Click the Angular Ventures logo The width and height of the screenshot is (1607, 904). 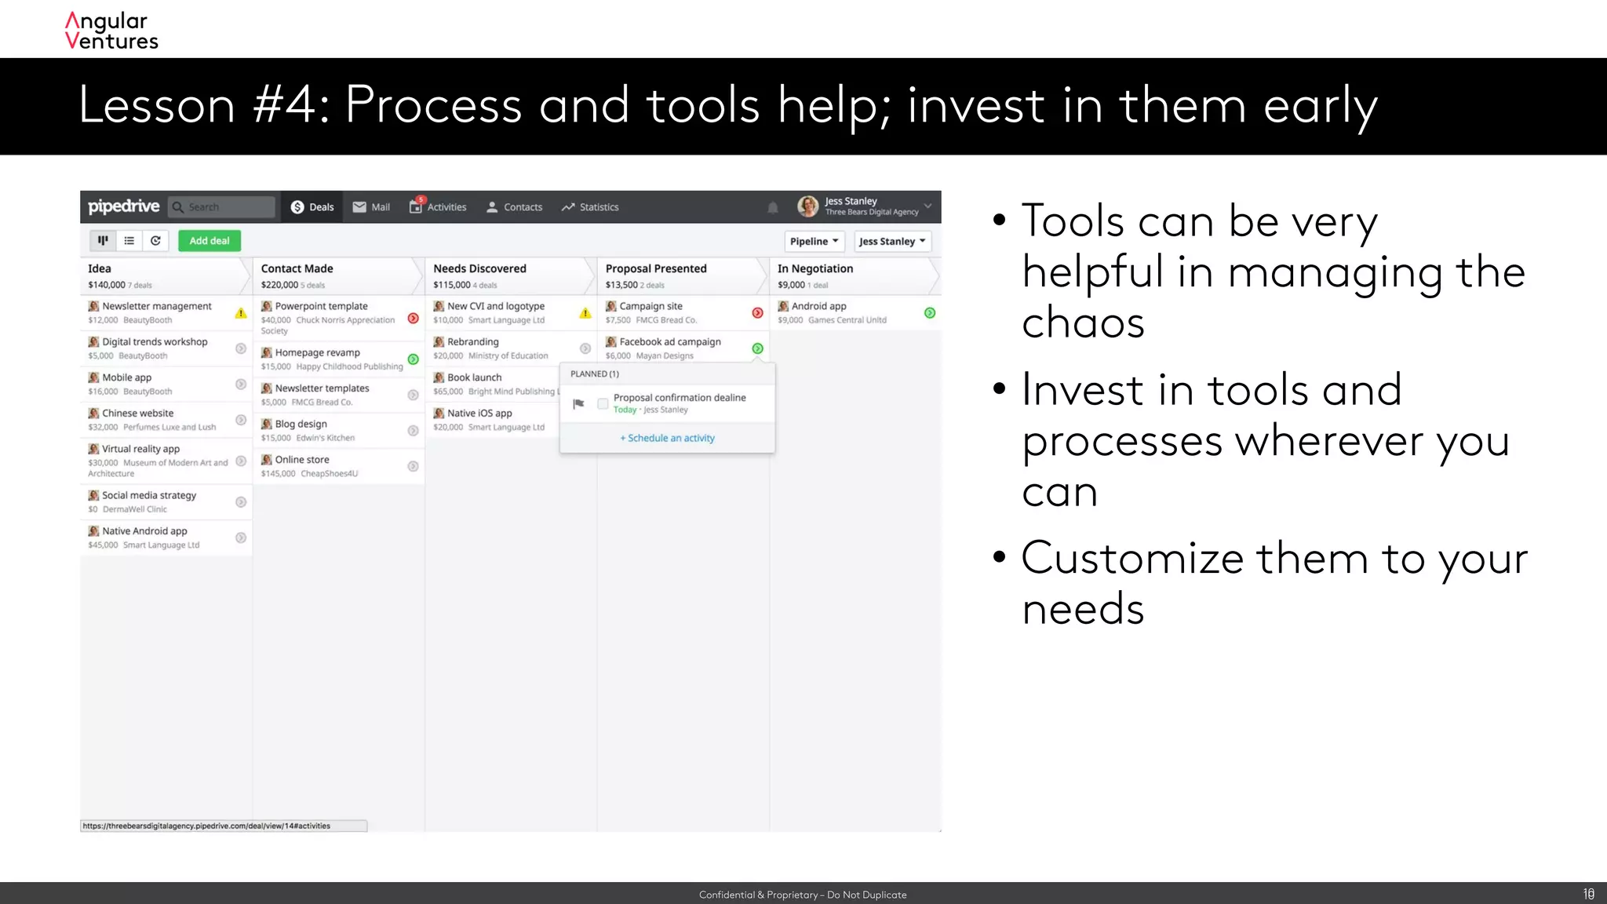pyautogui.click(x=111, y=31)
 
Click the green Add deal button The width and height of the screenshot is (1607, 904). pyautogui.click(x=209, y=241)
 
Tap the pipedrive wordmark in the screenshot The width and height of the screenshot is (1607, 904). pyautogui.click(x=124, y=206)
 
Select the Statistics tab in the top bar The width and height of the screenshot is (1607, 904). pyautogui.click(x=590, y=207)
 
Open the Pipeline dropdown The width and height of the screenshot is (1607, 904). pyautogui.click(x=814, y=241)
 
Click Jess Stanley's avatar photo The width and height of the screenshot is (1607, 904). pyautogui.click(x=807, y=206)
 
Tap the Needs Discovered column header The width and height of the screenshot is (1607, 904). pyautogui.click(x=479, y=268)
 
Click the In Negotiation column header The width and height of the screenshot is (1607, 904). pyautogui.click(x=814, y=268)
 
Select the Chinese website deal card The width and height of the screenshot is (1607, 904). pyautogui.click(x=157, y=419)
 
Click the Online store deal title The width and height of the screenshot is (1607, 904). pyautogui.click(x=301, y=460)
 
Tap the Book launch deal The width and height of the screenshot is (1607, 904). pyautogui.click(x=474, y=377)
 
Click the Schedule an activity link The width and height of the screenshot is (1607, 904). pyautogui.click(x=668, y=438)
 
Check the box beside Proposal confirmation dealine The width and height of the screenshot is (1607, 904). pyautogui.click(x=603, y=403)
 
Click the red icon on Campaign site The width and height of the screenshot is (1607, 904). pyautogui.click(x=757, y=313)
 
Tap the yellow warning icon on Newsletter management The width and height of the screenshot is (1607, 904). pyautogui.click(x=241, y=313)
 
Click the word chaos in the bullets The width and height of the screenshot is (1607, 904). pyautogui.click(x=1083, y=323)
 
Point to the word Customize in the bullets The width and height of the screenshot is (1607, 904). pyautogui.click(x=1132, y=559)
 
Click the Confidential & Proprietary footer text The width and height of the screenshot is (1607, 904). pyautogui.click(x=803, y=895)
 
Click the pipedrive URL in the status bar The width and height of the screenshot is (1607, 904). pyautogui.click(x=206, y=826)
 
